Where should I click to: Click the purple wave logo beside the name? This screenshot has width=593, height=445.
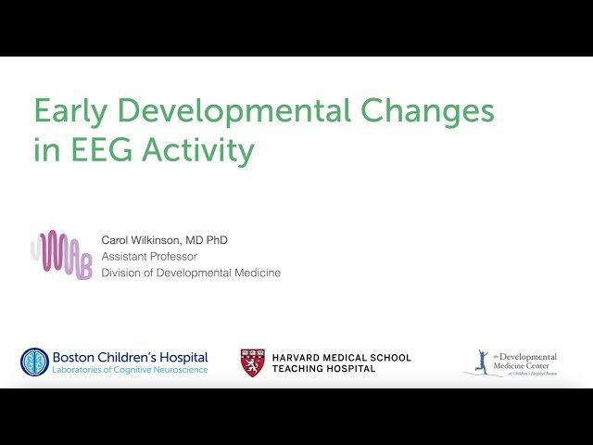63,255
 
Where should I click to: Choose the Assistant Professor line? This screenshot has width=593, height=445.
149,257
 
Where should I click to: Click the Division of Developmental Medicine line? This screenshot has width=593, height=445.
191,273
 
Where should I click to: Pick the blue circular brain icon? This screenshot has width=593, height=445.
34,362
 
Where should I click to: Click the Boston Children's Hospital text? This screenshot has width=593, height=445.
131,357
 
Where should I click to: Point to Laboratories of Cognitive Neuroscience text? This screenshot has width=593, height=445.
131,370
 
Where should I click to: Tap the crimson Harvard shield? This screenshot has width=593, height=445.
253,362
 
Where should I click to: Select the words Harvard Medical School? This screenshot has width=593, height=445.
341,357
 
